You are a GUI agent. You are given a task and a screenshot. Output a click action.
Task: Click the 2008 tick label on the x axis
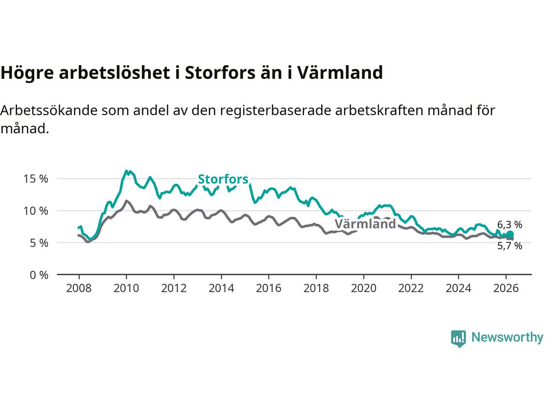pyautogui.click(x=79, y=288)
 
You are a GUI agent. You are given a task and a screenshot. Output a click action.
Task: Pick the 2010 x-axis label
pyautogui.click(x=126, y=288)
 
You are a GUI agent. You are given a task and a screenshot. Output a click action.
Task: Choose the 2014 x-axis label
pyautogui.click(x=221, y=288)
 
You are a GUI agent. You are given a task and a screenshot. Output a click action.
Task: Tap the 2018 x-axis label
pyautogui.click(x=316, y=288)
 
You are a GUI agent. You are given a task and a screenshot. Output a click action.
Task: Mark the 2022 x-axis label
pyautogui.click(x=411, y=288)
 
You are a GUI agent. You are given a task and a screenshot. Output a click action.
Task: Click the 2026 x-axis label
pyautogui.click(x=505, y=288)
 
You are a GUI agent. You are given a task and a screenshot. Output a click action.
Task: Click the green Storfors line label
pyautogui.click(x=223, y=179)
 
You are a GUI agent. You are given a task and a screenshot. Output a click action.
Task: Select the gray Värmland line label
pyautogui.click(x=365, y=224)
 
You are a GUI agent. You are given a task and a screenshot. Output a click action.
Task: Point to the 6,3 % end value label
pyautogui.click(x=510, y=225)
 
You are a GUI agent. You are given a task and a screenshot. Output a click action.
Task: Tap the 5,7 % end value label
pyautogui.click(x=510, y=246)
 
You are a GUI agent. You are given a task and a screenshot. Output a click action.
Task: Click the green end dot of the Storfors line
pyautogui.click(x=510, y=235)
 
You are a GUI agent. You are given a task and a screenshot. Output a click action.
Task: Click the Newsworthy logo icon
pyautogui.click(x=458, y=338)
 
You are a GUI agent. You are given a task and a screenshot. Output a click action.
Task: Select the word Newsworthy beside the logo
pyautogui.click(x=507, y=337)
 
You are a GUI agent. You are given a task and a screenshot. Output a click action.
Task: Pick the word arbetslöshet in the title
pyautogui.click(x=115, y=73)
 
